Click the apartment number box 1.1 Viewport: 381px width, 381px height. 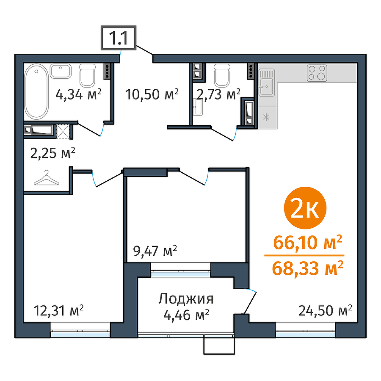coord(119,38)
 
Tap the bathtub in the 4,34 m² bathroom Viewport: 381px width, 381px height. coord(36,91)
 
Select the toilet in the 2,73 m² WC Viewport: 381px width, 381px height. coord(222,75)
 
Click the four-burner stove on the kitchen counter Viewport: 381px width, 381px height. coord(317,73)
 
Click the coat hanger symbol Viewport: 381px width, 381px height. coord(47,178)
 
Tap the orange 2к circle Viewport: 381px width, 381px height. coord(305,208)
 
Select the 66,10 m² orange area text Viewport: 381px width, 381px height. coord(308,243)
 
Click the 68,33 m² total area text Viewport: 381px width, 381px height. coord(308,268)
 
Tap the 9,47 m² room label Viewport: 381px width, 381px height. coord(155,251)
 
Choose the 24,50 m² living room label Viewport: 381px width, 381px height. coord(325,311)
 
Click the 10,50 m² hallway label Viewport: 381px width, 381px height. coord(152,94)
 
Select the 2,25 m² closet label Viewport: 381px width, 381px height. coord(53,153)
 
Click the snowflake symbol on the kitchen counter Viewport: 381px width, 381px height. coord(266,118)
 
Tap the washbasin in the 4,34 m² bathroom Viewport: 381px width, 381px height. coord(61,71)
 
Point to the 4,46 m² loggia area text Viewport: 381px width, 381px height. coord(186,315)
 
